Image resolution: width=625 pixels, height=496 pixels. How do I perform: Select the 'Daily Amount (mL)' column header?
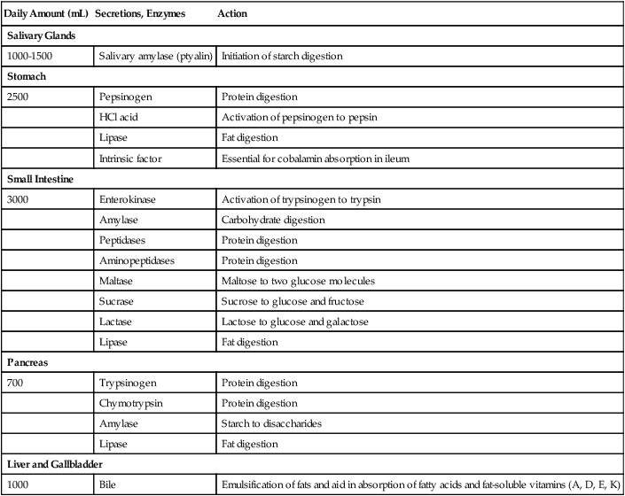48,15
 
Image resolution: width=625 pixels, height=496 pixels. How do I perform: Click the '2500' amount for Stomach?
18,97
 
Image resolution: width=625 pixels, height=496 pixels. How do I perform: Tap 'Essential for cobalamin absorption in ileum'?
325,159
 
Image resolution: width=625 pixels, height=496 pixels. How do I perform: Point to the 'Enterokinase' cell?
129,199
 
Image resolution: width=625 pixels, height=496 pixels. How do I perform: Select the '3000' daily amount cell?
18,199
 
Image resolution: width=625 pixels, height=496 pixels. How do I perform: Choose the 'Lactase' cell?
120,322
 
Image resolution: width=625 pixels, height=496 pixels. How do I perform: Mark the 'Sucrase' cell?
120,301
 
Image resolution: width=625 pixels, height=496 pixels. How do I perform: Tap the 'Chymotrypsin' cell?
133,404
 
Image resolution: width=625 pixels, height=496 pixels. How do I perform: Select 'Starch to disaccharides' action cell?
272,424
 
